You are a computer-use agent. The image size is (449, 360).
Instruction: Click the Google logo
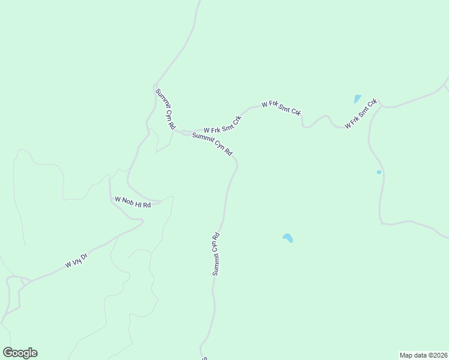click(20, 353)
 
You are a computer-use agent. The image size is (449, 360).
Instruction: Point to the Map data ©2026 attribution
click(424, 355)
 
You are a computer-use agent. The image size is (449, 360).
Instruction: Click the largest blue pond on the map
click(288, 238)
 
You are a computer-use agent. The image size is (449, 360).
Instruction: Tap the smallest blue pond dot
click(379, 172)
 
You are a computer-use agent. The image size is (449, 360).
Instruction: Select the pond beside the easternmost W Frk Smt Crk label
click(358, 99)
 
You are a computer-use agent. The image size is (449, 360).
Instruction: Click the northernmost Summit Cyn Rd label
click(165, 110)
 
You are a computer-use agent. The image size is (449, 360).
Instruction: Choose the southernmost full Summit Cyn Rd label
click(216, 254)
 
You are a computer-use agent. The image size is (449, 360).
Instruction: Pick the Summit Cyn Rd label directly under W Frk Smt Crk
click(212, 144)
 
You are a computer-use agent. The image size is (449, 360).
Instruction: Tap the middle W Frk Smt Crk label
click(281, 108)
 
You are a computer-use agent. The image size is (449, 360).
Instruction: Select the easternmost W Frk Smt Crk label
click(360, 113)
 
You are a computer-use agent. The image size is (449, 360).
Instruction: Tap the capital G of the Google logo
click(8, 352)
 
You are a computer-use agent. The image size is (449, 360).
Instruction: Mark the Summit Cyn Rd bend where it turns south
click(237, 164)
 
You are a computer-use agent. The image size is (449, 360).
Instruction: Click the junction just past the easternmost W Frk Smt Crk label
click(381, 105)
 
